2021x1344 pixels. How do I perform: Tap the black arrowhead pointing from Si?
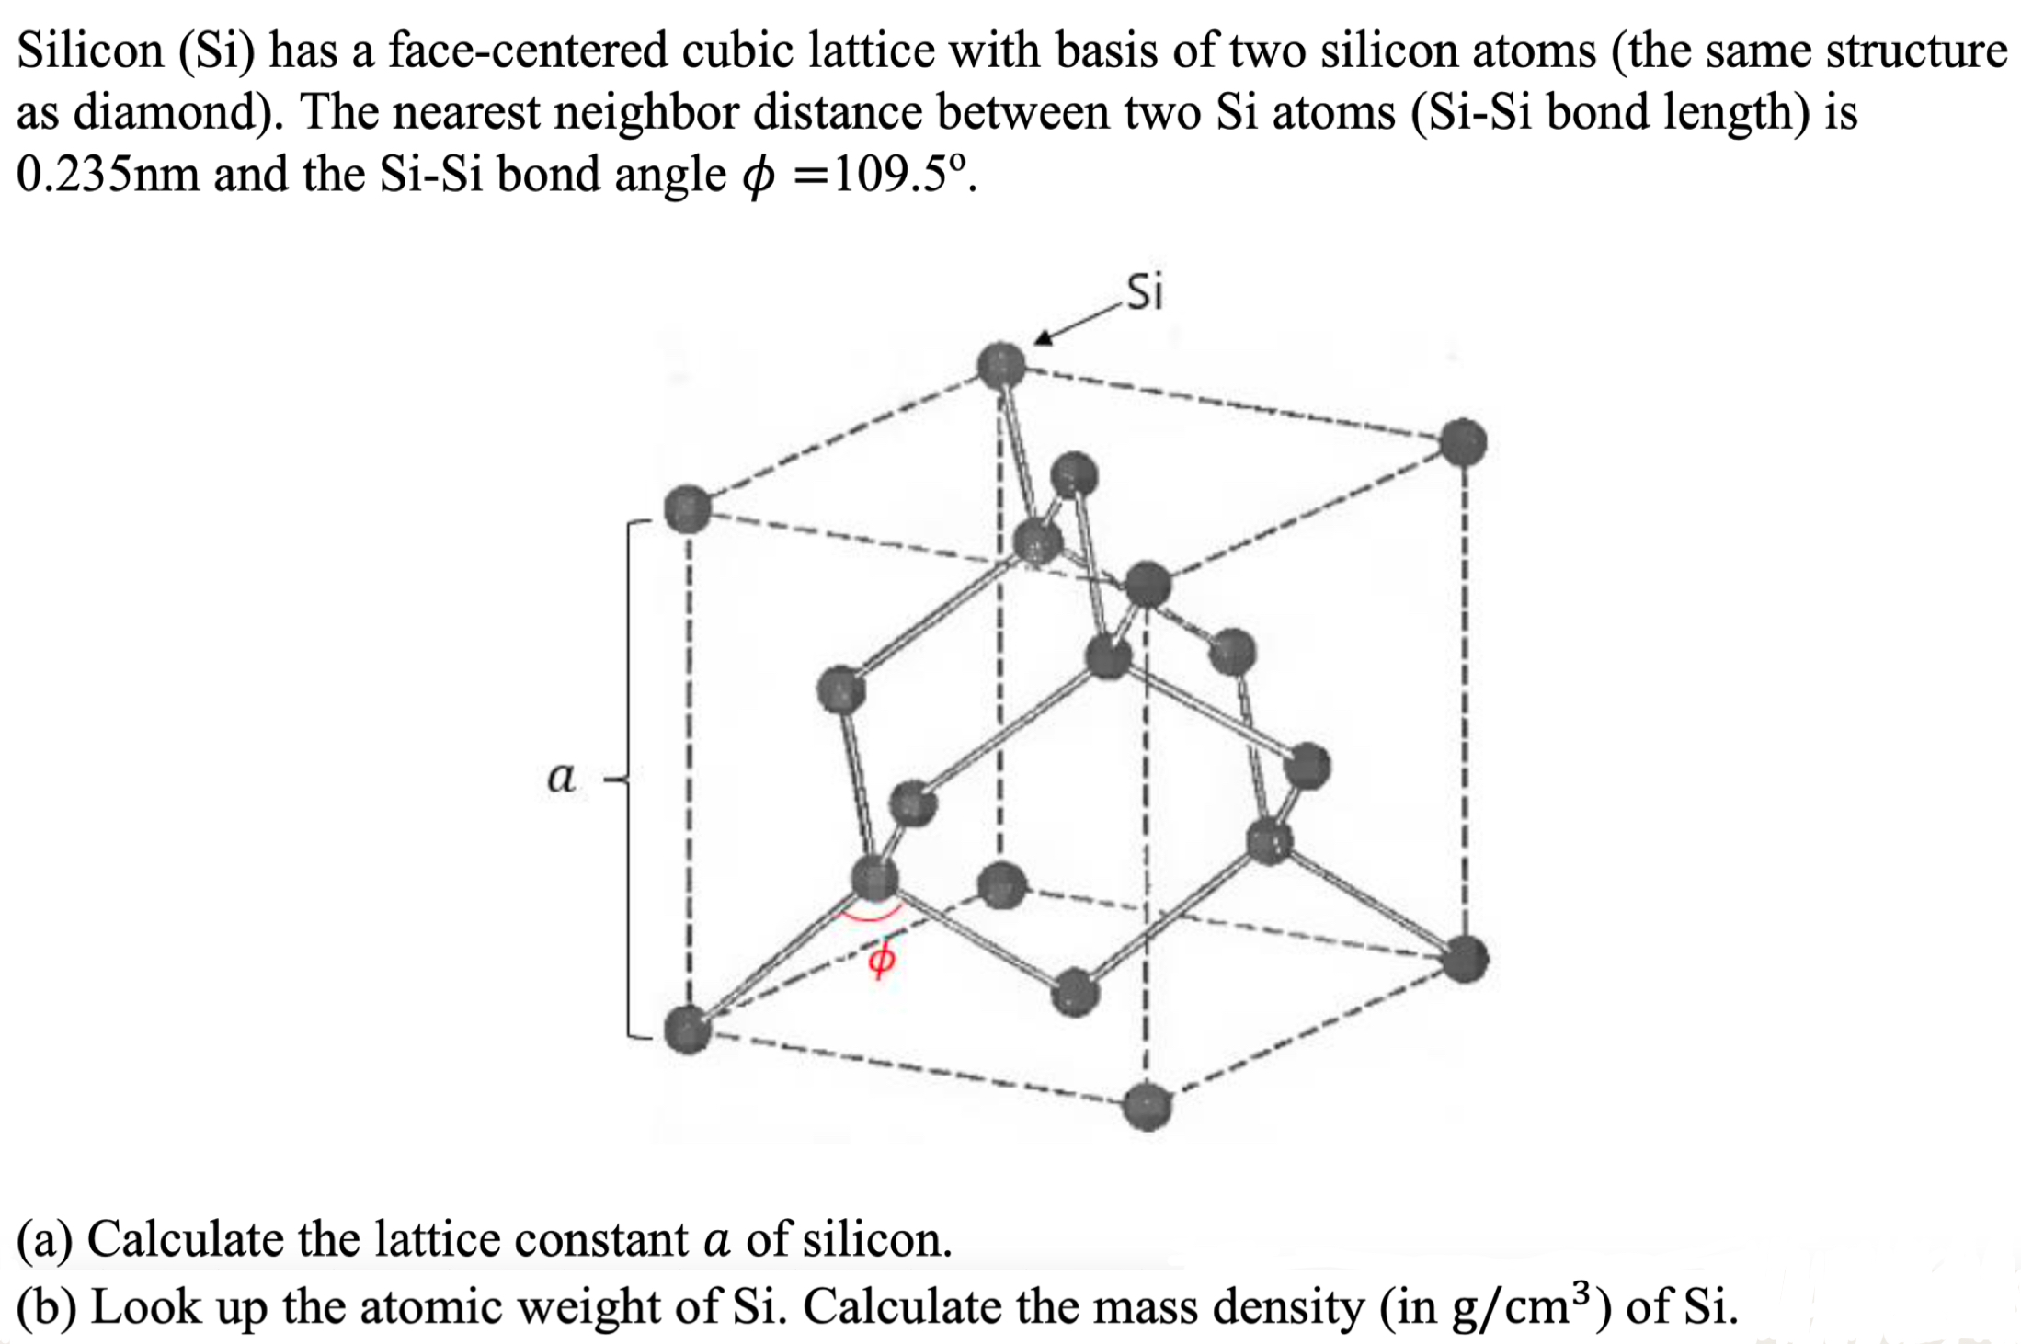point(1043,339)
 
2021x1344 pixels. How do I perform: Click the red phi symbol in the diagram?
point(881,959)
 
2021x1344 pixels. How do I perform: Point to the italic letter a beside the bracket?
point(561,778)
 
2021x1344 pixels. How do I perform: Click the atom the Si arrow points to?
point(1001,366)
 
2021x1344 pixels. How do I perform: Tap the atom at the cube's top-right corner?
point(1463,442)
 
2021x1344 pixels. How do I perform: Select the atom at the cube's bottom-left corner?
point(687,1028)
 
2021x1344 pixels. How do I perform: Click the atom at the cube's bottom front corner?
point(1148,1106)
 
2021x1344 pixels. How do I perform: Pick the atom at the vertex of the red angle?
point(873,878)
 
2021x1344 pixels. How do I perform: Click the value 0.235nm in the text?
point(107,174)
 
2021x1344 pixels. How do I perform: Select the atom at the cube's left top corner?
point(687,509)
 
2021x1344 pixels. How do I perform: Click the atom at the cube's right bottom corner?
point(1465,959)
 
